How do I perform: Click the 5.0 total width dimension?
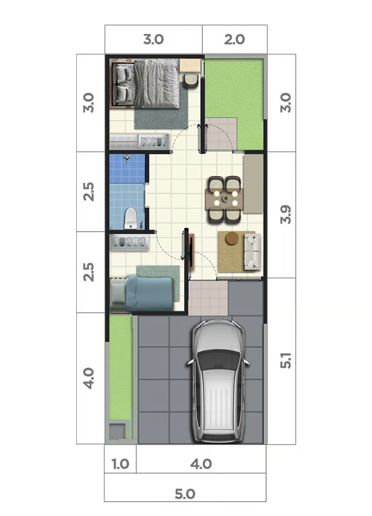pos(185,494)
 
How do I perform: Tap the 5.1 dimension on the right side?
pos(286,360)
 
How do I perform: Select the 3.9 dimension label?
pos(286,215)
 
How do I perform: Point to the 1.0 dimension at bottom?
pos(120,464)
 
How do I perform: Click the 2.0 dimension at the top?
pos(235,40)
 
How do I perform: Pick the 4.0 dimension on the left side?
pos(88,378)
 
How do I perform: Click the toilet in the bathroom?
pos(131,218)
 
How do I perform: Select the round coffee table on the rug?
pos(232,238)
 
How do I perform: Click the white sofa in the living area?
pos(252,251)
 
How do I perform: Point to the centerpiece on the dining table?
pos(226,199)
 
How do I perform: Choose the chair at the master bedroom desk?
pos(191,80)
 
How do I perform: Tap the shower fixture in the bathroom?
pos(127,158)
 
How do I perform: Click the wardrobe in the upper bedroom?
pos(139,141)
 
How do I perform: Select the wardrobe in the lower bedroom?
pos(129,243)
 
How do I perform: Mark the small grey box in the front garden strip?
pos(117,431)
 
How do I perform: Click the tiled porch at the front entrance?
pos(208,298)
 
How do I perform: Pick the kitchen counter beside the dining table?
pos(253,183)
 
